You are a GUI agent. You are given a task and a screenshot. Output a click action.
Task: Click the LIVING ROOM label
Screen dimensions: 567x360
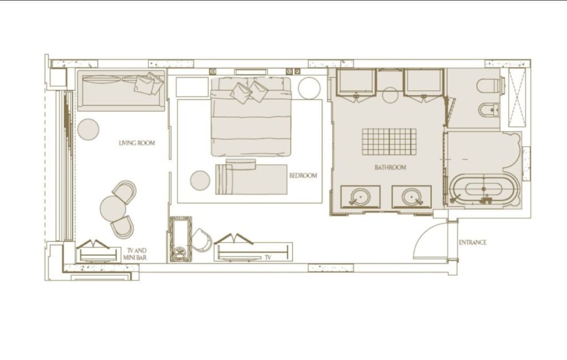137,143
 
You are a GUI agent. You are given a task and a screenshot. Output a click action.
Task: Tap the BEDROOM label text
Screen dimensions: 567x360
303,176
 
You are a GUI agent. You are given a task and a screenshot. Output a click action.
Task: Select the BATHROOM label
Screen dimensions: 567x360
390,167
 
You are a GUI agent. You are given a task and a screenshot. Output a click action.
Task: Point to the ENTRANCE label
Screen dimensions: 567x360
473,243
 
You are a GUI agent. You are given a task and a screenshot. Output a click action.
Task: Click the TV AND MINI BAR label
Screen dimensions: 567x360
135,254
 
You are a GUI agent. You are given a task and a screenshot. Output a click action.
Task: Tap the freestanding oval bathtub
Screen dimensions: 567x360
483,191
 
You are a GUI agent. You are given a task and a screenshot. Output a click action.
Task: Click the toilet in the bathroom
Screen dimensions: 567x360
491,86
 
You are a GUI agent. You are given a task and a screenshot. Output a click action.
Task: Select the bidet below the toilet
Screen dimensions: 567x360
489,110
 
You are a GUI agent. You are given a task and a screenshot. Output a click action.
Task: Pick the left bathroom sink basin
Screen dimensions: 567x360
360,197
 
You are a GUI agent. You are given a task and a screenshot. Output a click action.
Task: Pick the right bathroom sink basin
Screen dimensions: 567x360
411,197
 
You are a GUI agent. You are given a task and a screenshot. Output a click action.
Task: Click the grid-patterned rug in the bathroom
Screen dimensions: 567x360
389,142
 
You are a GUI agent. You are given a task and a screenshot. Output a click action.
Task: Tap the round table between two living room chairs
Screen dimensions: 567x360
113,209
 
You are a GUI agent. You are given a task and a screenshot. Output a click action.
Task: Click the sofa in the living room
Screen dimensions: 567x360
121,90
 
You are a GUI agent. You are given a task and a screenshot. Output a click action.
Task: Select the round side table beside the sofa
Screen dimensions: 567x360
88,129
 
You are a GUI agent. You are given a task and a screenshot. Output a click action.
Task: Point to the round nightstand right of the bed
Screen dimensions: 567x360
309,88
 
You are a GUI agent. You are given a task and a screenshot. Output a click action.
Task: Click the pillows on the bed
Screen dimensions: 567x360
249,91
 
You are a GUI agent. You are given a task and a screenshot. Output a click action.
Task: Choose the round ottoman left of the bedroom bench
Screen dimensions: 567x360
200,180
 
